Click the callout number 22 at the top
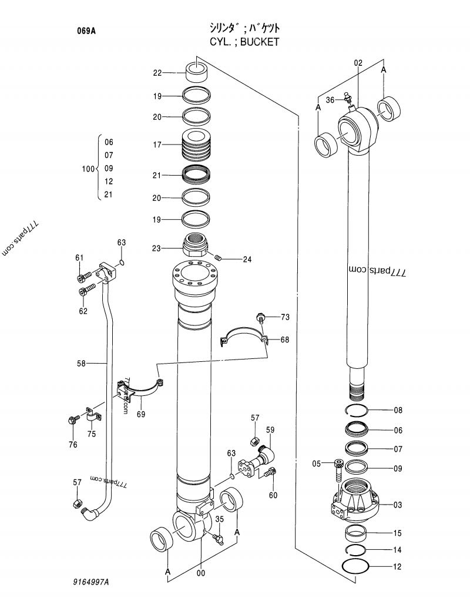point(157,73)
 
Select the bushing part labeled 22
point(197,72)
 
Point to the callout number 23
point(156,248)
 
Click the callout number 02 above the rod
point(358,62)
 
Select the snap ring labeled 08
point(357,410)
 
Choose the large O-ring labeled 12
point(356,567)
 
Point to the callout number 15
point(398,533)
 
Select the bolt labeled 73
point(261,318)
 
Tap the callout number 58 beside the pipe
point(81,364)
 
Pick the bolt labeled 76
point(73,420)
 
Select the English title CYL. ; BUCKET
point(244,42)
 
